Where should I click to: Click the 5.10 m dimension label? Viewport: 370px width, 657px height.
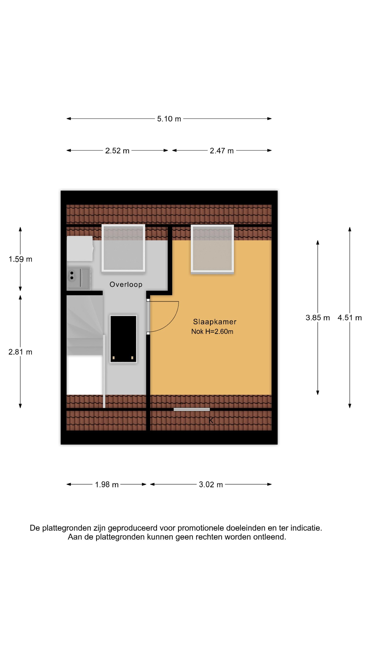click(x=169, y=119)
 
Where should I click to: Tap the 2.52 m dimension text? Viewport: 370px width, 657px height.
click(x=117, y=151)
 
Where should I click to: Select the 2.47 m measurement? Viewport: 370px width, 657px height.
click(x=222, y=151)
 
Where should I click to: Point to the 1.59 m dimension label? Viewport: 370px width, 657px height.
click(x=20, y=259)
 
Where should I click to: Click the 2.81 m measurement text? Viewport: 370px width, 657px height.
click(x=20, y=352)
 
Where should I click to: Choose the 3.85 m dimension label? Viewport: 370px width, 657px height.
click(x=318, y=318)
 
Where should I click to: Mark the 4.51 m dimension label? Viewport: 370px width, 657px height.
click(x=350, y=318)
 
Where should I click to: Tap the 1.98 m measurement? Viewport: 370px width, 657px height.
click(x=107, y=485)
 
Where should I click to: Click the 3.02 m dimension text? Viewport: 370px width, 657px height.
click(x=211, y=485)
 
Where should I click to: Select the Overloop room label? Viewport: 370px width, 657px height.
click(x=126, y=284)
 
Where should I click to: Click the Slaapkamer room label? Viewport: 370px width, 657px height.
click(x=215, y=322)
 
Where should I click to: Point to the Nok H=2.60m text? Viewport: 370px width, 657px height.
click(x=212, y=331)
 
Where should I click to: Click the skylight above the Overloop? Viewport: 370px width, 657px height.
click(x=123, y=248)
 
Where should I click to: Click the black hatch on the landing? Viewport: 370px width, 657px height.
click(x=123, y=339)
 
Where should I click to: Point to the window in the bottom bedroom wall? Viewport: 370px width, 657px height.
click(x=192, y=409)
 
